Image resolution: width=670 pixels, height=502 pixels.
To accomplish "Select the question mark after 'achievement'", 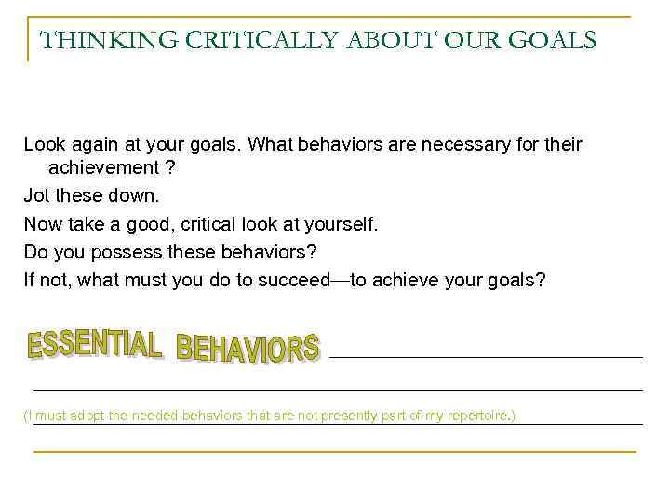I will click(169, 168).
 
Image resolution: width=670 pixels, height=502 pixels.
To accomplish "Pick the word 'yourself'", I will click(339, 224).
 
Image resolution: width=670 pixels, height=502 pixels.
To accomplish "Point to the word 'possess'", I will click(128, 251).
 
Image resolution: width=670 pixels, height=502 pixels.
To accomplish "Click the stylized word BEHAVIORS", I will click(248, 349).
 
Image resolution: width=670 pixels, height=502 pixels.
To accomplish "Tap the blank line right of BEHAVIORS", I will click(486, 357).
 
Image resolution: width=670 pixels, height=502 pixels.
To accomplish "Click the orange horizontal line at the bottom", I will click(335, 452).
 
